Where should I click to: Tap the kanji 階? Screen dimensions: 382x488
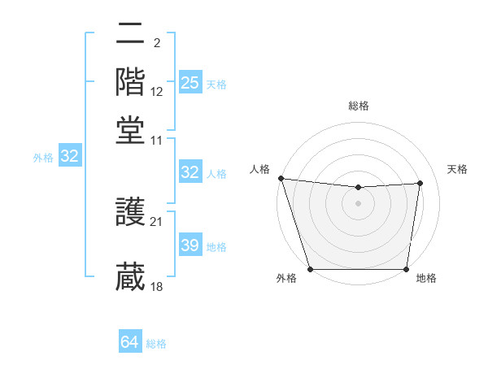[130, 81]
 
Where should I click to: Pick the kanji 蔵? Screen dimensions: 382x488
[130, 276]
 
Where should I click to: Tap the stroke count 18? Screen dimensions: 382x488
[157, 287]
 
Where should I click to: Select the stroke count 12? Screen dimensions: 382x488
[157, 93]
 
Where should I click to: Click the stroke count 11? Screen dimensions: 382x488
[157, 140]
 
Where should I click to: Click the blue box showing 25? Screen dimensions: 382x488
[190, 83]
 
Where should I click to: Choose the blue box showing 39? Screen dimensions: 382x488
[190, 245]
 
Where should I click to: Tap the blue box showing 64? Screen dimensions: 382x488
[130, 342]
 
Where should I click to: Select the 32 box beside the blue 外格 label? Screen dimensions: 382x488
[70, 157]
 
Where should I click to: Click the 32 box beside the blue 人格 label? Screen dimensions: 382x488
[190, 172]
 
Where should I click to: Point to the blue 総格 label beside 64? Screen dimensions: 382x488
[156, 344]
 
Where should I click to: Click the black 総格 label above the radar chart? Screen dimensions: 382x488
[359, 106]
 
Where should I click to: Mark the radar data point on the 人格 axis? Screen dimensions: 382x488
[281, 178]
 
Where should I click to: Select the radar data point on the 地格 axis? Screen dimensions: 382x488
[407, 269]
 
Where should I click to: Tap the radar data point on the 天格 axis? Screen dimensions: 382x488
[420, 183]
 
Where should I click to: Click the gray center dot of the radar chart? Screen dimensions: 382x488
[359, 203]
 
